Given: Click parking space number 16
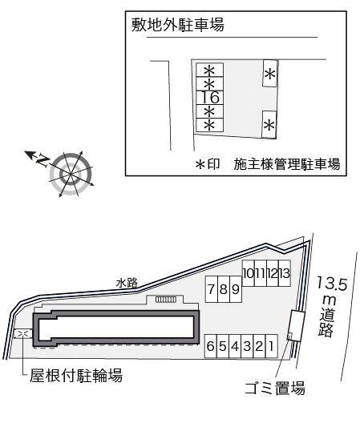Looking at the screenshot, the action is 209,98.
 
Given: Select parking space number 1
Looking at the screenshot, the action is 272,346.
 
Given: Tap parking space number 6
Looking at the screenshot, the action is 211,346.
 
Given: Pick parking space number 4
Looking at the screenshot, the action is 235,346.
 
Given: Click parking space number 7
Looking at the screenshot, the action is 212,289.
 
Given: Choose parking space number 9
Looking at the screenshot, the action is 236,289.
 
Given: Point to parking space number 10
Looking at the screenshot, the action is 249,273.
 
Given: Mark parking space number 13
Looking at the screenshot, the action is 285,273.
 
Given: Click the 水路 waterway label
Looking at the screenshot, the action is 127,284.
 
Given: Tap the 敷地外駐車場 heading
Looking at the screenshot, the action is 178,25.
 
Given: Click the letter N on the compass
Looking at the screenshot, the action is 42,160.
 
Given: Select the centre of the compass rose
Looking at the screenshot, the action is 71,175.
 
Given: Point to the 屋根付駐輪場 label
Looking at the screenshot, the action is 76,375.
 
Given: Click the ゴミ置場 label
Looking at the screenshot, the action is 275,389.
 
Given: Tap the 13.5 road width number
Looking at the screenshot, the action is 332,284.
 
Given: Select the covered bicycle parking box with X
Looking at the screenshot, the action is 23,334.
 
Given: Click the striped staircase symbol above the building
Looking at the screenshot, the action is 166,300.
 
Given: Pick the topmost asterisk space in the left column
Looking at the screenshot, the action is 209,70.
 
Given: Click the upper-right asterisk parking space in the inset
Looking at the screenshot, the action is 269,74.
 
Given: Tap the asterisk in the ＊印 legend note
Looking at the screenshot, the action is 200,164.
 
